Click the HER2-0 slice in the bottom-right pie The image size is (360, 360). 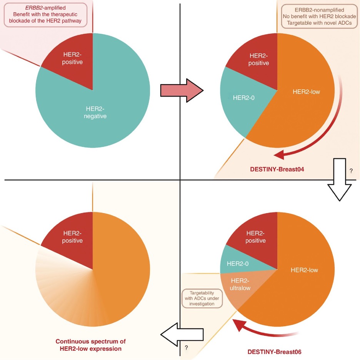238,263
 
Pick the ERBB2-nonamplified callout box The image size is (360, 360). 318,17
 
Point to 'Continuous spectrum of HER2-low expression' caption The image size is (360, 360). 91,345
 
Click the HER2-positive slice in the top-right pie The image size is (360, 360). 258,60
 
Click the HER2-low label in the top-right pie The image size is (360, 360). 306,92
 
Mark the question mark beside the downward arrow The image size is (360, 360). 351,171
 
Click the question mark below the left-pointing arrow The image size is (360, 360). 186,348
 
